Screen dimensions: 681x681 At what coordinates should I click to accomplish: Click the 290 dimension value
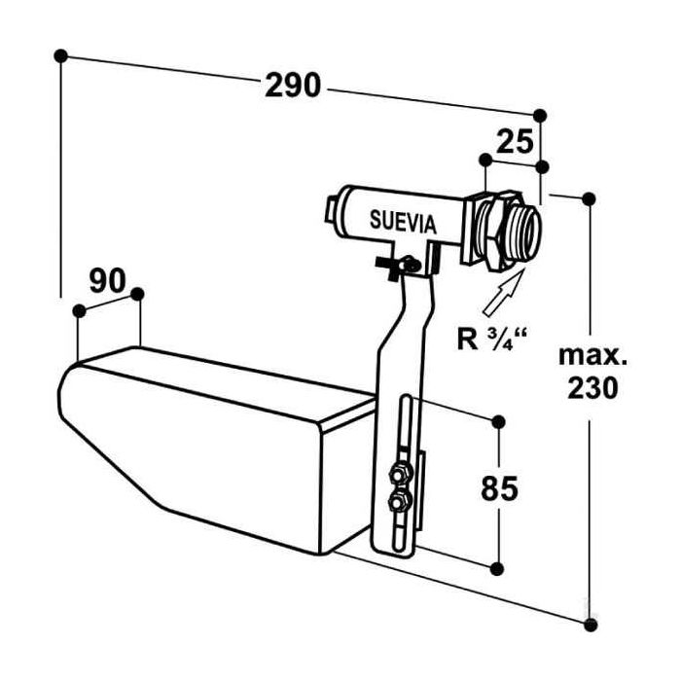point(293,86)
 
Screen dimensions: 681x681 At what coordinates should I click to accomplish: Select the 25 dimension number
point(514,142)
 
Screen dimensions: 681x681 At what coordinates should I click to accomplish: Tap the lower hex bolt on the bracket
point(397,503)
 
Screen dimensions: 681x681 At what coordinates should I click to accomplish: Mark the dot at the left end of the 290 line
point(62,55)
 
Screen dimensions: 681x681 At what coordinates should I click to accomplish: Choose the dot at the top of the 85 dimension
point(499,421)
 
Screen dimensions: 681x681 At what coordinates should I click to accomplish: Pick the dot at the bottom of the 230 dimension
point(588,617)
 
